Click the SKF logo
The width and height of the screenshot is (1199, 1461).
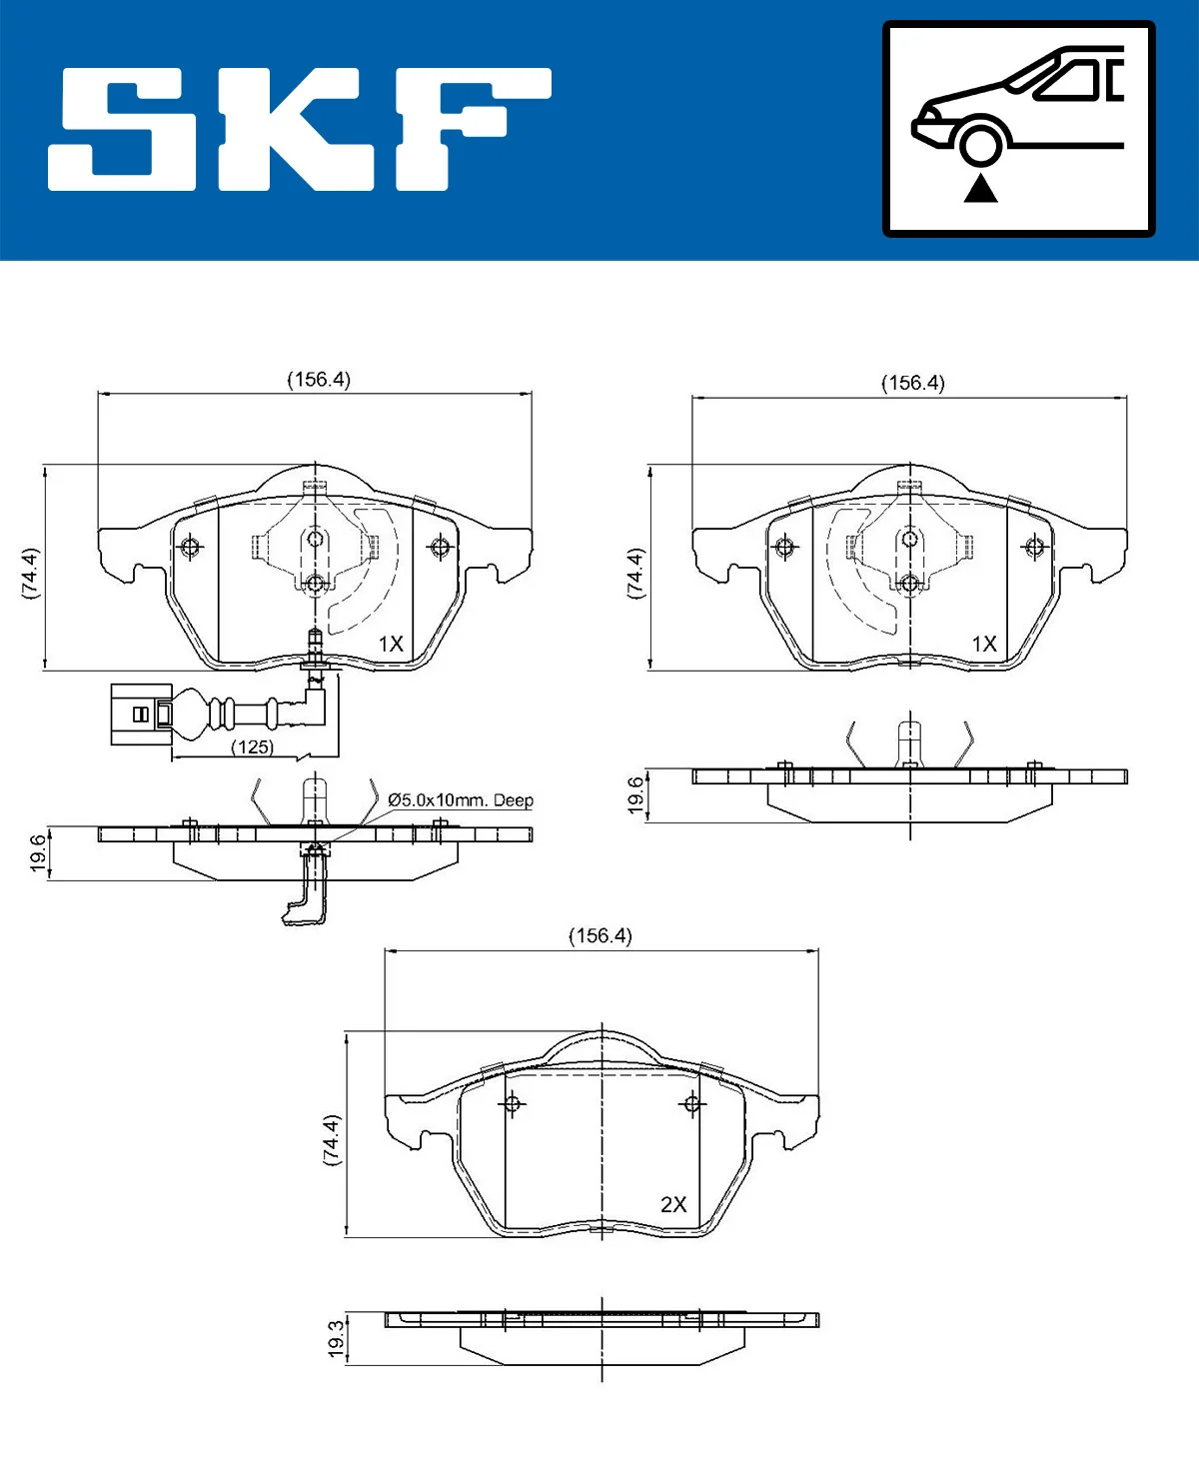click(300, 130)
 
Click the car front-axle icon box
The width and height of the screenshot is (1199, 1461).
click(1018, 129)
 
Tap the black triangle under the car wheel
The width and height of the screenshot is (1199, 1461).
click(980, 188)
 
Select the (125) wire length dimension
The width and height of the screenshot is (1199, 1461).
click(252, 747)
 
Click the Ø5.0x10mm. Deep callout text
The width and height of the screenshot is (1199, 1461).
click(461, 800)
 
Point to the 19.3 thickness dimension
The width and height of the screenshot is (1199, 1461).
click(337, 1338)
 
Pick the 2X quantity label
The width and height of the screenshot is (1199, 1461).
click(673, 1204)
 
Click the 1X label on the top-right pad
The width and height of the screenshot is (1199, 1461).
click(984, 645)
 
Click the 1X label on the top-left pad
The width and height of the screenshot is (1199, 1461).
click(391, 645)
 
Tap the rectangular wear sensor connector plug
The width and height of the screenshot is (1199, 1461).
click(140, 714)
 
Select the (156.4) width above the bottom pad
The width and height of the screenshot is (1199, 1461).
click(600, 935)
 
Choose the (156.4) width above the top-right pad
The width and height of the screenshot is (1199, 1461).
click(912, 383)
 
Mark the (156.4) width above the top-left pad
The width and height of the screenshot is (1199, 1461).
click(319, 380)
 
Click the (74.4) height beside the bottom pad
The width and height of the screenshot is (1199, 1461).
click(332, 1140)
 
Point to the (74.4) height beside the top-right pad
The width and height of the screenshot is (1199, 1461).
click(635, 573)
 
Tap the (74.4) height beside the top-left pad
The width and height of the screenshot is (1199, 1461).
click(31, 573)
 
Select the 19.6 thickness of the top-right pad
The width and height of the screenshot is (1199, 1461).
click(635, 795)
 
